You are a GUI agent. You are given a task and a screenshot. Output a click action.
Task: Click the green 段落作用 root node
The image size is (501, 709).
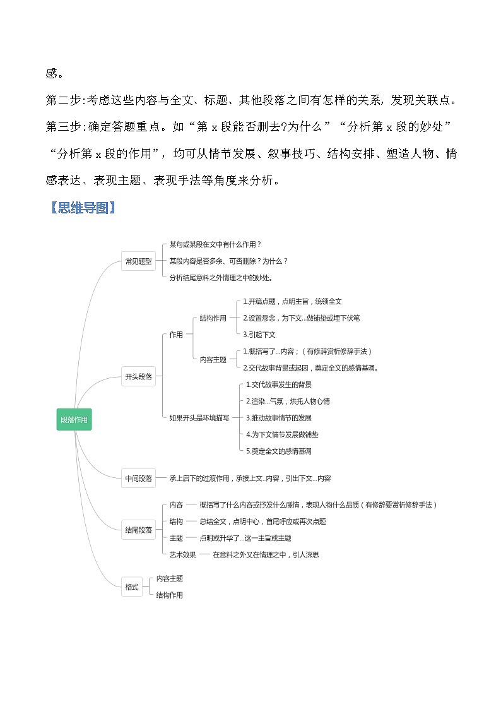[x=74, y=419]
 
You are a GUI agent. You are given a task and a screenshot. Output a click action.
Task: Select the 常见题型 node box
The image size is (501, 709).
[x=138, y=261]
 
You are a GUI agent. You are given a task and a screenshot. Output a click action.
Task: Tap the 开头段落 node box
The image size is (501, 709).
[x=138, y=377]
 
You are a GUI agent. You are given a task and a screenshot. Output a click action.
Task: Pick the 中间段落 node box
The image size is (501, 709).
[x=138, y=479]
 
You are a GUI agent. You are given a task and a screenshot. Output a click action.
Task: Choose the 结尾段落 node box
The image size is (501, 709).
[x=138, y=530]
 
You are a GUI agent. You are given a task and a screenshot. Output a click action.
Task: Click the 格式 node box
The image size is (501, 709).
[x=131, y=587]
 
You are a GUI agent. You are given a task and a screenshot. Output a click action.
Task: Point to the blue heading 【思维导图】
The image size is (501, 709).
[x=82, y=209]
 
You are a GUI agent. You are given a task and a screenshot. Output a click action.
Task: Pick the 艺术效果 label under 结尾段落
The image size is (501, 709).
[x=183, y=555]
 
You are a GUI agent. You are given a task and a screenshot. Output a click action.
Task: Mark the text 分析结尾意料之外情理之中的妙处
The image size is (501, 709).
[x=221, y=277]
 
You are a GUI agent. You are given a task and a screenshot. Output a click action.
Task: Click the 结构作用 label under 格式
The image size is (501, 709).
[x=170, y=595]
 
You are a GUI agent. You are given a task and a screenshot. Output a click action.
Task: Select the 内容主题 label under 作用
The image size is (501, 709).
[x=213, y=359]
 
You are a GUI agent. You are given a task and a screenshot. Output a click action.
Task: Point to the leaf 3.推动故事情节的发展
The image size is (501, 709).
[x=278, y=418]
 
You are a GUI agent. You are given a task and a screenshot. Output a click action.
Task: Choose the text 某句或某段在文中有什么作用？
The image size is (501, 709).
[x=215, y=244]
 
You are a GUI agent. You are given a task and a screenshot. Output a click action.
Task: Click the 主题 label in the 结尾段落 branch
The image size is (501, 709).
[x=176, y=539]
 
